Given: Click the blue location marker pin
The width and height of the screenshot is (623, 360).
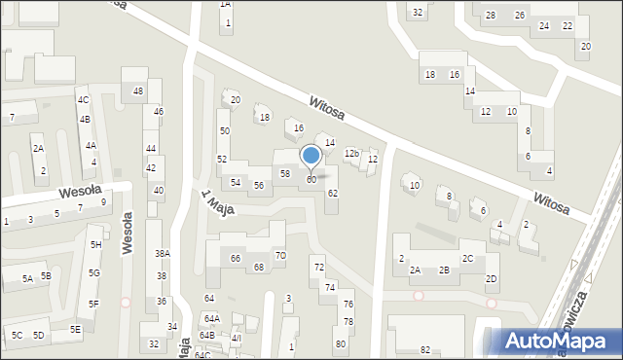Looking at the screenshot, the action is [311, 157].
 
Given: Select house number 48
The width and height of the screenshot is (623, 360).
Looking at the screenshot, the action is [138, 91].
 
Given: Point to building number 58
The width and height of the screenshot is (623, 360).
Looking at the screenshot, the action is [285, 173].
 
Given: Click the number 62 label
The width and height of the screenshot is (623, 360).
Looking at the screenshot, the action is [333, 194].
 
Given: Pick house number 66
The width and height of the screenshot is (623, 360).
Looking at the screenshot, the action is [236, 258].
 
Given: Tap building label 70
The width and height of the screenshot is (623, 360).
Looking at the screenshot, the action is [280, 256].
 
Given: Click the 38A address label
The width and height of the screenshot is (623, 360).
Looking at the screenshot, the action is [163, 253].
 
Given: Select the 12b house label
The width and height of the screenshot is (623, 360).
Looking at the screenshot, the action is [351, 154].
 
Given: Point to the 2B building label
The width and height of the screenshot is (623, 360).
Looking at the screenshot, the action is [444, 270].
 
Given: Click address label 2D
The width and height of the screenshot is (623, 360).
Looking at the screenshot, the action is [492, 279].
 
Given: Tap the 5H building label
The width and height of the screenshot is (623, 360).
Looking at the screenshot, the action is [95, 245].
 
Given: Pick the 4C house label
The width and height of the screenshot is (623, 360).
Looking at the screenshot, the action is [84, 100].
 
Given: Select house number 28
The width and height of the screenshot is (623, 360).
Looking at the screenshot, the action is [491, 16].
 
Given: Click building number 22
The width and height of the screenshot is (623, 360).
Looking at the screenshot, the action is [568, 26].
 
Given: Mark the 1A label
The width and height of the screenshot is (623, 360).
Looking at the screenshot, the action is [226, 5].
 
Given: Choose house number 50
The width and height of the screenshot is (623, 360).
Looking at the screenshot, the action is [224, 130].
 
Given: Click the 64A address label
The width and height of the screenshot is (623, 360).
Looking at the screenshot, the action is [211, 319].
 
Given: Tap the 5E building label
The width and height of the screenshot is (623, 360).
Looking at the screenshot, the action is [75, 329].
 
